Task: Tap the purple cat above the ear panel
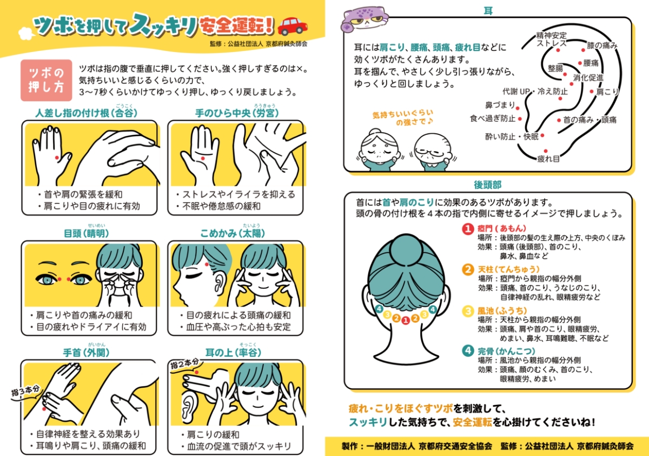[365, 18]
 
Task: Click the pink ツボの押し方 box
[47, 80]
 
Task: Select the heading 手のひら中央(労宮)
[237, 113]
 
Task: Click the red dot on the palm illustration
[203, 158]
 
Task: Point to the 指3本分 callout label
[25, 390]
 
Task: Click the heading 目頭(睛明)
[86, 233]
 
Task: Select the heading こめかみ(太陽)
[233, 233]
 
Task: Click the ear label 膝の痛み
[602, 45]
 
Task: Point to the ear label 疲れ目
[548, 159]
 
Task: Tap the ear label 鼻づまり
[500, 105]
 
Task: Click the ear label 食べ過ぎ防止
[493, 119]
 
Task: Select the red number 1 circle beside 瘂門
[468, 229]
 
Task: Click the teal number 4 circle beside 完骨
[468, 351]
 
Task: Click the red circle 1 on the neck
[406, 320]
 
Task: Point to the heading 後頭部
[488, 185]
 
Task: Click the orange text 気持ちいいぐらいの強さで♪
[403, 118]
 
